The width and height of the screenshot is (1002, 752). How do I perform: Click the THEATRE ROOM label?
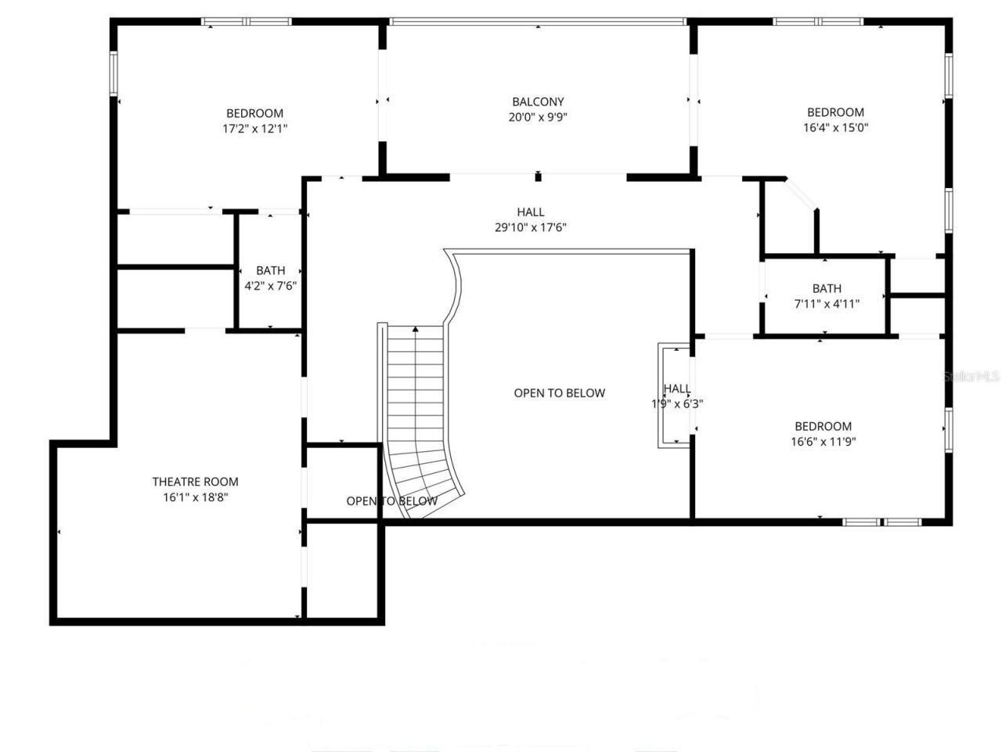(x=195, y=482)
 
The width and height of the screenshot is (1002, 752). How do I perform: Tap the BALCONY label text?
(x=538, y=102)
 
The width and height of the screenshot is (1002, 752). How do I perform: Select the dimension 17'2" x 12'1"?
(x=255, y=128)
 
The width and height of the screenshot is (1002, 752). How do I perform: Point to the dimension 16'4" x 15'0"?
(x=836, y=128)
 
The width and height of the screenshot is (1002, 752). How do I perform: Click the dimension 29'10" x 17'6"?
(x=530, y=228)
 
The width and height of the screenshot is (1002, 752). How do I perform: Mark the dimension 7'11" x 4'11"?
(x=827, y=304)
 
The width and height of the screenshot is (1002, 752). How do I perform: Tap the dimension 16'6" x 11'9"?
(x=823, y=442)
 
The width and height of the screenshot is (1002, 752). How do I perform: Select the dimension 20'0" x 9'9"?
(x=538, y=117)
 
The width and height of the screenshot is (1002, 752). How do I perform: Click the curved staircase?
(x=419, y=423)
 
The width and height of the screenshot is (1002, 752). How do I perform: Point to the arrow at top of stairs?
(x=416, y=329)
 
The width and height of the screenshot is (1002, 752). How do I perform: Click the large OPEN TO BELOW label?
(x=559, y=393)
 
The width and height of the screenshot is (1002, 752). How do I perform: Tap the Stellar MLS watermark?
(x=971, y=377)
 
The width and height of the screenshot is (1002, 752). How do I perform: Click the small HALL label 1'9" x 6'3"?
(x=677, y=389)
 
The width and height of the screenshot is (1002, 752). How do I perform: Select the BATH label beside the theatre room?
(x=271, y=271)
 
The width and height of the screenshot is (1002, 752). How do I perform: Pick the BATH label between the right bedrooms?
(x=827, y=288)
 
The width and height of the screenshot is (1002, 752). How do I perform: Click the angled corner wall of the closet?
(x=802, y=194)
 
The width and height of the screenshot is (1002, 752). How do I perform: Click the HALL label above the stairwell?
(x=530, y=212)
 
